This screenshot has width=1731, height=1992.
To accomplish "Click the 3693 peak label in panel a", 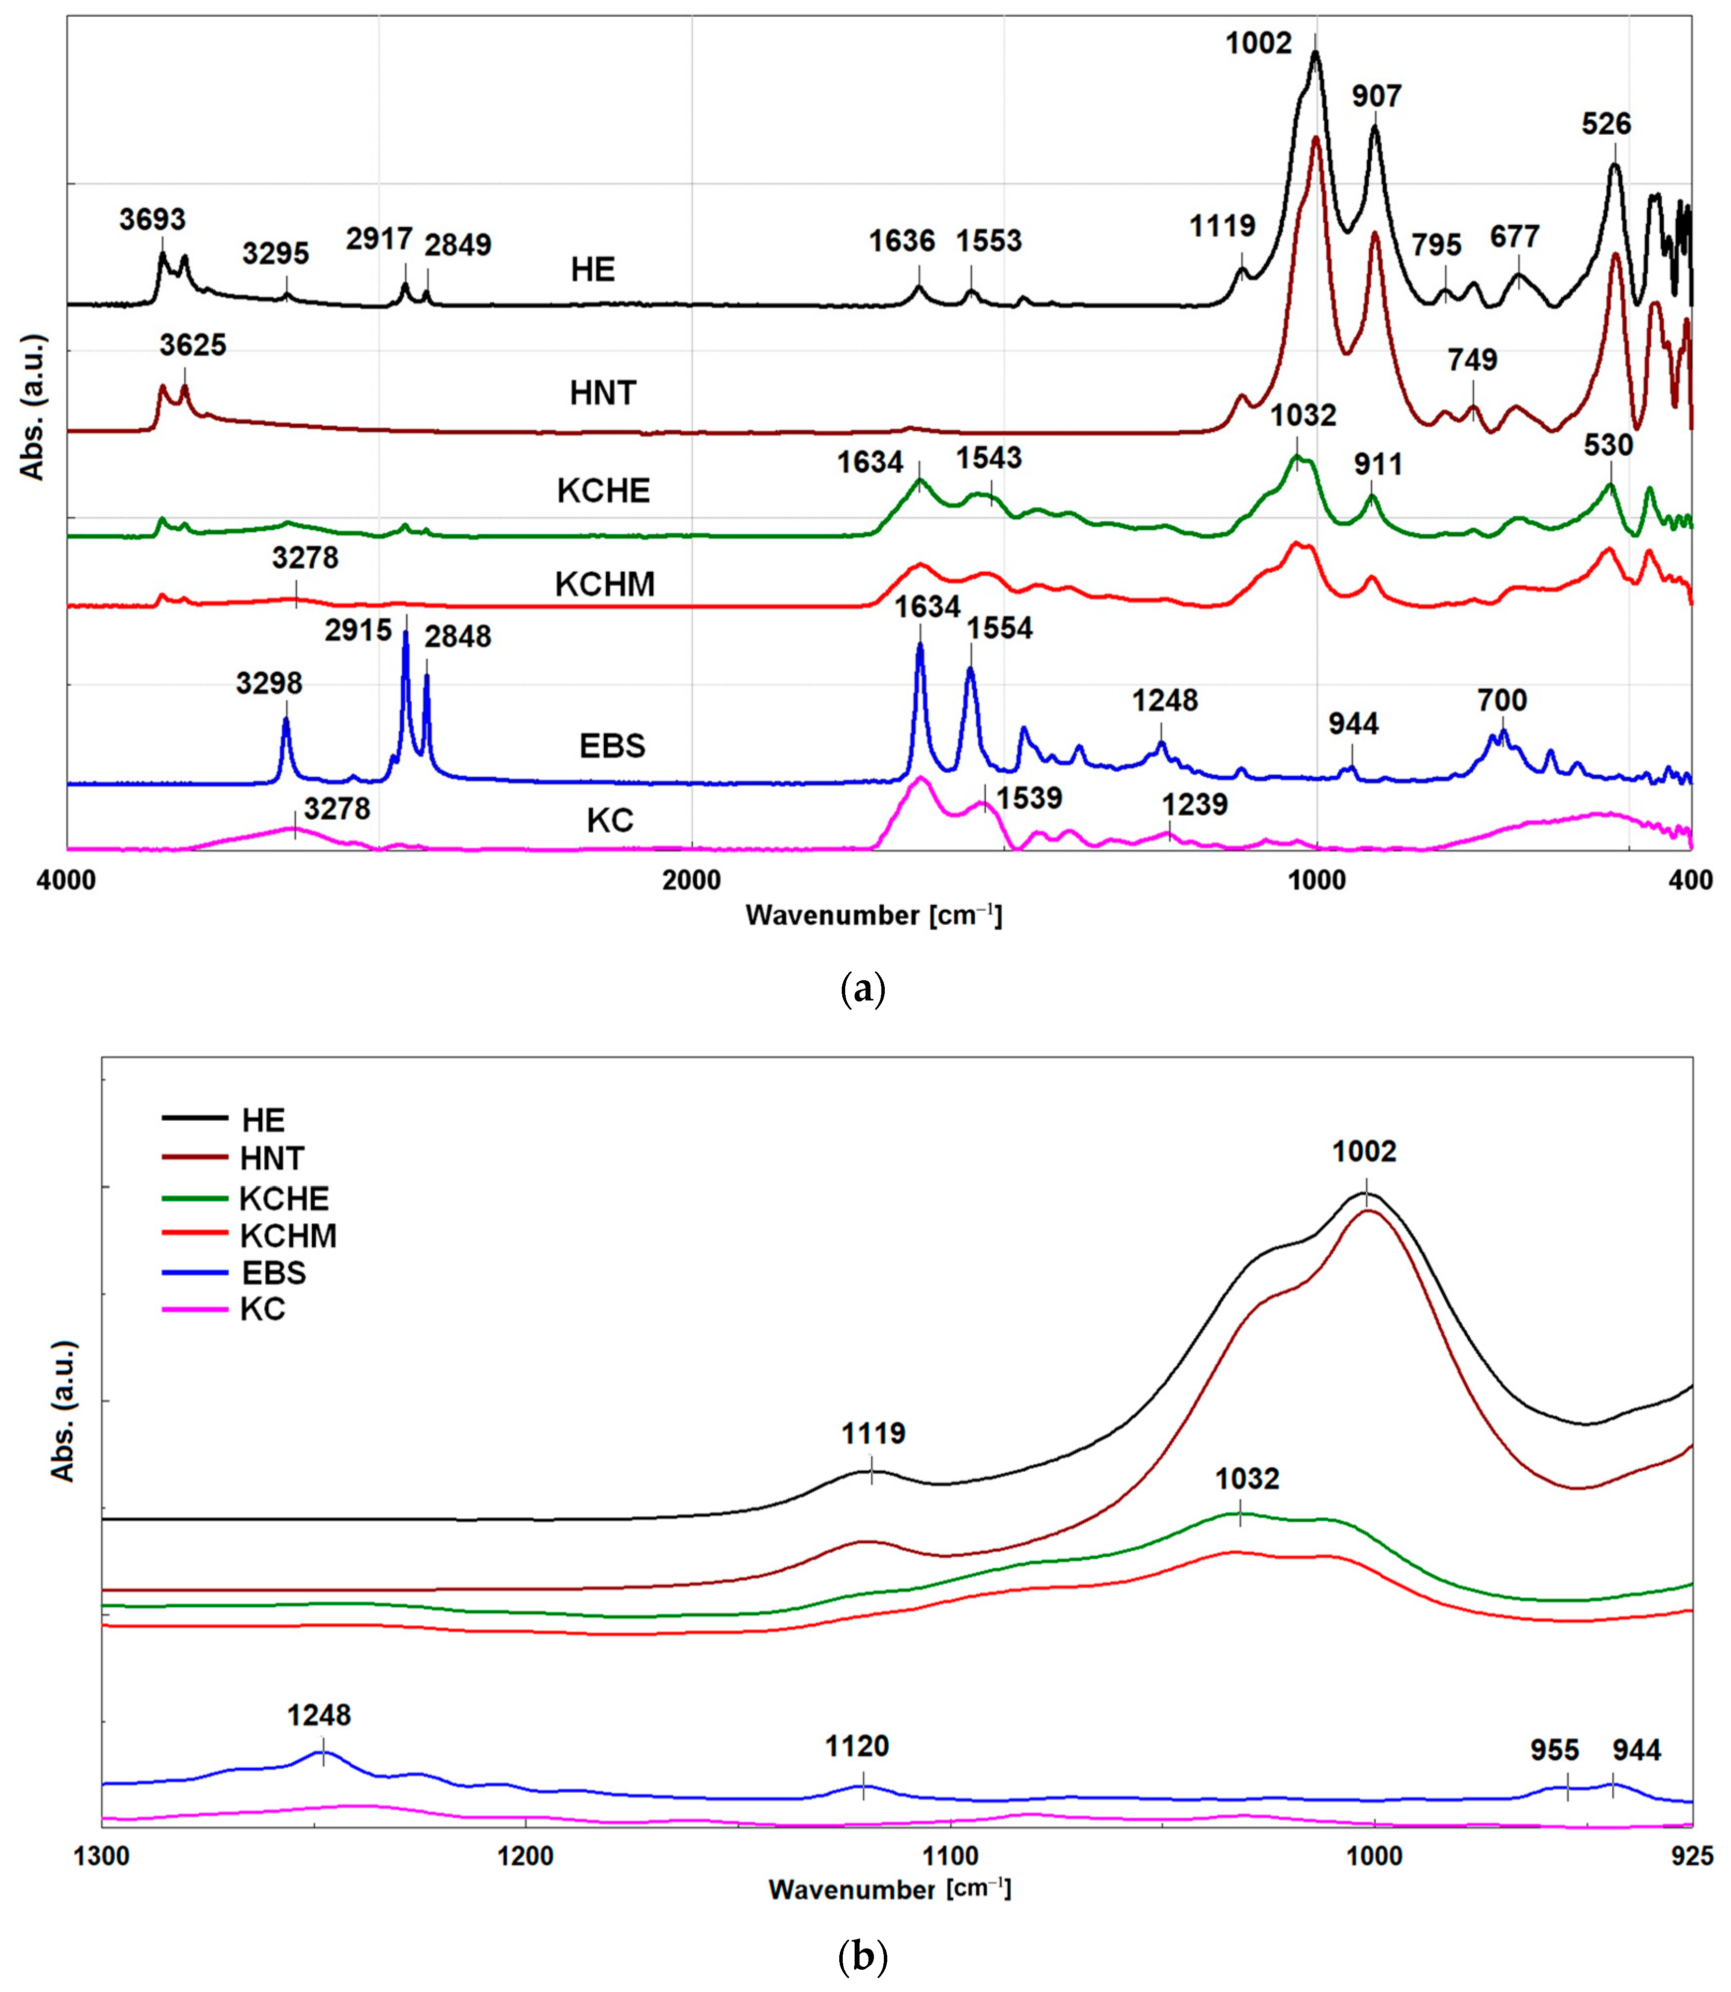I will tap(152, 219).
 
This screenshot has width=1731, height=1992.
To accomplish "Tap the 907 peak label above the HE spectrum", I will tap(1377, 97).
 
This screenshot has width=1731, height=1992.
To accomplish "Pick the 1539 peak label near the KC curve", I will tap(1030, 798).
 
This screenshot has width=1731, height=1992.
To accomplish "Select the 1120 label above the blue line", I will tap(857, 1746).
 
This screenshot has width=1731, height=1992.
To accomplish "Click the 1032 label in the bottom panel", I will tap(1247, 1479).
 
